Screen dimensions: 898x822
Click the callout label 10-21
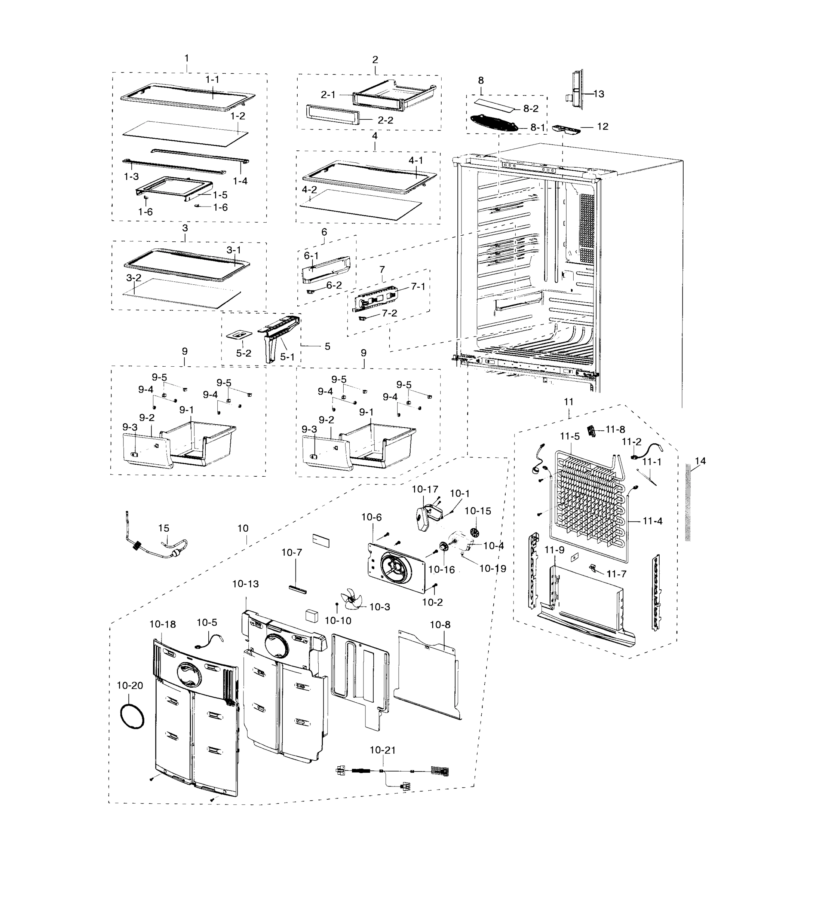tap(382, 751)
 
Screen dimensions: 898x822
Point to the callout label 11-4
tap(652, 521)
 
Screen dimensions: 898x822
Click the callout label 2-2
tap(385, 120)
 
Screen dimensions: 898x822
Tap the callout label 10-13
tap(245, 584)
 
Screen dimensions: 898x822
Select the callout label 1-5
tap(220, 195)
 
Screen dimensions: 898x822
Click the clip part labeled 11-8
tap(592, 431)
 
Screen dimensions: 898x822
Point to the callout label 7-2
tap(389, 313)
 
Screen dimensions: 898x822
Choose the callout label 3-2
tap(134, 278)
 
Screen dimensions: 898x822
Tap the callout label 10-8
tap(440, 625)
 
